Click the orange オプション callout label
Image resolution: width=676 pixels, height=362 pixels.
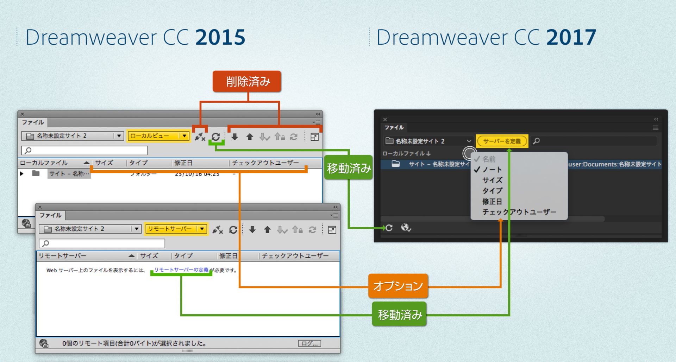point(398,286)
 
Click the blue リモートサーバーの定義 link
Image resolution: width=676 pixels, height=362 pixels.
point(181,270)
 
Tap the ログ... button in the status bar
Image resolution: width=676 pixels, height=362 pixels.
point(309,343)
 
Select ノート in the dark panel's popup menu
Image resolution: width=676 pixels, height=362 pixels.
point(492,170)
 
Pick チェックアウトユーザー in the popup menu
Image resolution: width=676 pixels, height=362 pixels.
point(519,212)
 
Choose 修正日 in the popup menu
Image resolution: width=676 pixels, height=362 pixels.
point(492,202)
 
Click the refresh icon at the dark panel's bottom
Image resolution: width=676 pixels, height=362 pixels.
point(389,228)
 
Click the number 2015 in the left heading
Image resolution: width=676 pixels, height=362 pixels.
point(220,37)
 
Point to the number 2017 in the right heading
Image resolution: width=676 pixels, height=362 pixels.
point(571,37)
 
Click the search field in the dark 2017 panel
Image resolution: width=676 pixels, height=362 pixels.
point(595,141)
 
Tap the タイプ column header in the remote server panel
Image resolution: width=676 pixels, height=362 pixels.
point(183,256)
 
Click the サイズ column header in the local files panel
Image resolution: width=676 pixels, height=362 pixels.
point(104,163)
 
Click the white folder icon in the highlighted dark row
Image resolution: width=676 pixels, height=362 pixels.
point(396,164)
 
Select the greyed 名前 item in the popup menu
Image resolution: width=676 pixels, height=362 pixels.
point(489,159)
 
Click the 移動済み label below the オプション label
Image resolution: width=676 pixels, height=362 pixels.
point(399,315)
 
